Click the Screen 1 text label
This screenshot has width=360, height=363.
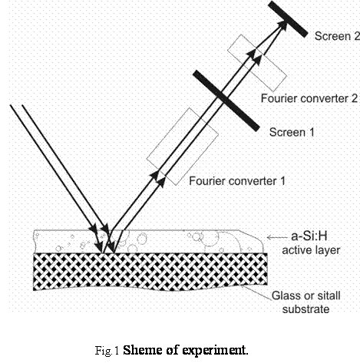click(x=292, y=132)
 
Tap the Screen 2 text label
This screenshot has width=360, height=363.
click(x=337, y=36)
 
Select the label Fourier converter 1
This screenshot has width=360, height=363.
click(x=237, y=181)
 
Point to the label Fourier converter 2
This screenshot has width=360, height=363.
click(x=309, y=98)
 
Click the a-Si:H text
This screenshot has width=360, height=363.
click(x=309, y=236)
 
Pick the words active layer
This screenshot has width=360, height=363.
click(x=311, y=250)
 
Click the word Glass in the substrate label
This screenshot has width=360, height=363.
click(x=286, y=295)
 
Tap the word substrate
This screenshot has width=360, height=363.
click(x=306, y=309)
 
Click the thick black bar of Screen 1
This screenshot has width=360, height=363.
click(x=226, y=101)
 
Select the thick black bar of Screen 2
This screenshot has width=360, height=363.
click(x=288, y=19)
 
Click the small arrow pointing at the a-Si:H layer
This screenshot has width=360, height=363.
click(x=277, y=237)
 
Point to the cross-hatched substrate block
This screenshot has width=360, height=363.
click(x=150, y=272)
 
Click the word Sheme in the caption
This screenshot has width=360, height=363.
click(x=143, y=350)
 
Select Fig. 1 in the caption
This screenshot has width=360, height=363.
click(x=107, y=350)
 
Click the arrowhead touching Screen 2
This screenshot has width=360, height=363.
click(x=282, y=25)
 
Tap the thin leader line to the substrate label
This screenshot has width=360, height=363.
click(x=256, y=292)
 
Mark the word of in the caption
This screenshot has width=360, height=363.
click(x=172, y=350)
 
